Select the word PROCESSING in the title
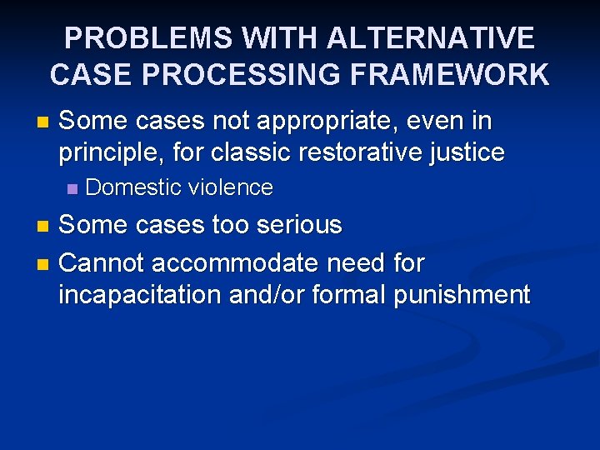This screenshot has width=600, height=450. pos(245,75)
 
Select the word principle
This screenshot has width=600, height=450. pos(107,153)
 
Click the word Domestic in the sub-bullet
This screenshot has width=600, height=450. pos(133,188)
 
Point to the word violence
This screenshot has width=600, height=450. pos(231,188)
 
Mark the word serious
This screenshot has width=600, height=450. pos(300,225)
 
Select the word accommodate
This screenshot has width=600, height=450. pos(232,263)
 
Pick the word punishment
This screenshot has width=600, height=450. pos(462,294)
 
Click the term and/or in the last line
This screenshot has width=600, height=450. pos(266,294)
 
